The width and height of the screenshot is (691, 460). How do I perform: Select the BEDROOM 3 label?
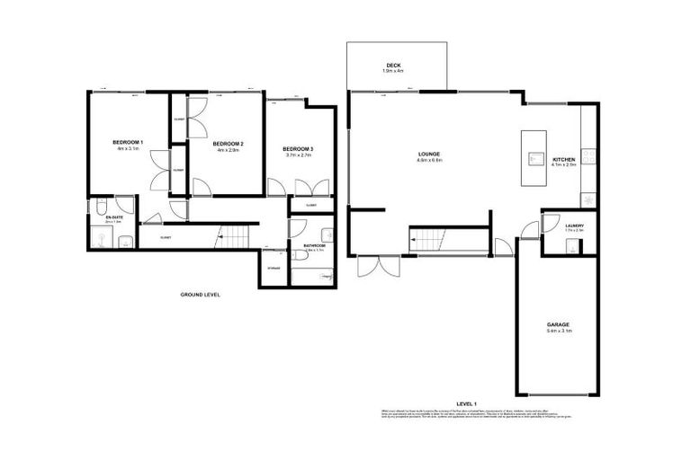pyautogui.click(x=298, y=148)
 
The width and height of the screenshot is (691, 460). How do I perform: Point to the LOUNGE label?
pyautogui.click(x=426, y=154)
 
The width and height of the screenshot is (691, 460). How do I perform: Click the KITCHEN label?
pyautogui.click(x=563, y=158)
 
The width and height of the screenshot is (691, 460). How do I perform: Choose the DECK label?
pyautogui.click(x=393, y=65)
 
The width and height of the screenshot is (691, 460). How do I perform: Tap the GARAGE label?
pyautogui.click(x=558, y=324)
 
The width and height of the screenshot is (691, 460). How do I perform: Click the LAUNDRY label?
pyautogui.click(x=574, y=226)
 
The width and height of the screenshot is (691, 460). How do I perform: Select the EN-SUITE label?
pyautogui.click(x=114, y=217)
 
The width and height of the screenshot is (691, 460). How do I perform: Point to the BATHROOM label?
pyautogui.click(x=313, y=244)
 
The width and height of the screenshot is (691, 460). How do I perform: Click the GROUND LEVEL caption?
pyautogui.click(x=200, y=295)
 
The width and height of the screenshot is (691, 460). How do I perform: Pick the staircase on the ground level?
pyautogui.click(x=234, y=238)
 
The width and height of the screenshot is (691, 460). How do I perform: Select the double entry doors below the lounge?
pyautogui.click(x=377, y=267)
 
